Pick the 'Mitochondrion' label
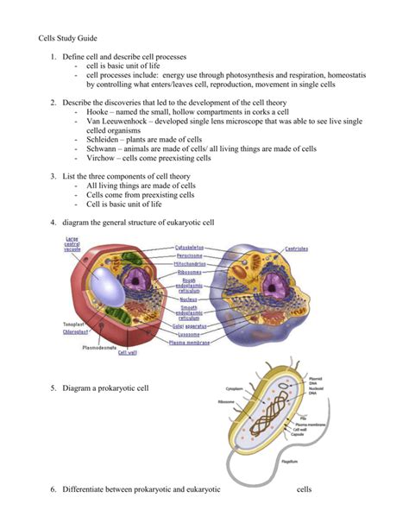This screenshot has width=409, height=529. pos(197,264)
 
